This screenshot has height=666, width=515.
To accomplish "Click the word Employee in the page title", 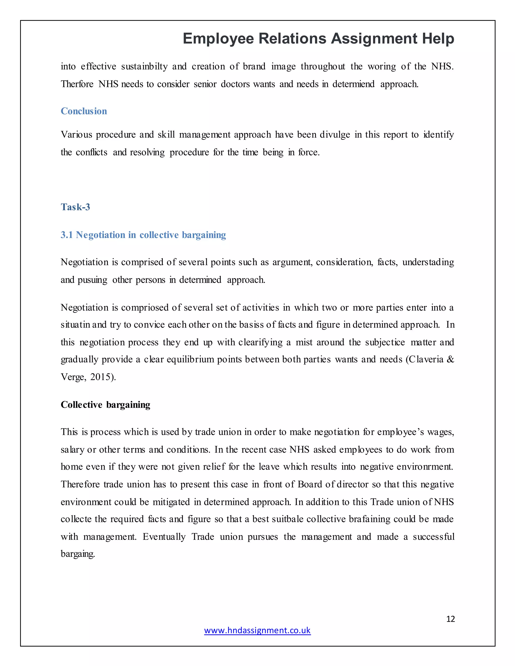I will (x=218, y=39).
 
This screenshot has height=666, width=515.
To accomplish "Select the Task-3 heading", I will (x=75, y=207).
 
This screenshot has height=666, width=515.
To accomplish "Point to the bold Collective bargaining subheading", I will (x=105, y=405).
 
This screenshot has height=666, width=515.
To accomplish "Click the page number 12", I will (x=450, y=619).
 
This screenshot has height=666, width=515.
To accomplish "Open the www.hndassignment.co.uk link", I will (x=257, y=630).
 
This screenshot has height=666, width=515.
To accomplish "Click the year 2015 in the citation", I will (x=100, y=377).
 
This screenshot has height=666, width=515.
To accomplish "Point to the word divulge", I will (x=335, y=134).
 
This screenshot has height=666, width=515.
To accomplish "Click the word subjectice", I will (x=385, y=342).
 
